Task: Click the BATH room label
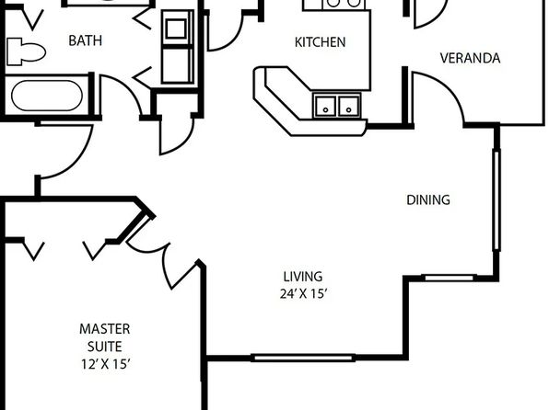[85, 40]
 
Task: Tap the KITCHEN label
[320, 42]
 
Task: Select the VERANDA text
[470, 58]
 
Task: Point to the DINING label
[428, 199]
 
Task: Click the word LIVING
[303, 277]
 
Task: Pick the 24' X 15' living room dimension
[303, 293]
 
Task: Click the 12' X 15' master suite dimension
[106, 364]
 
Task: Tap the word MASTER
[105, 329]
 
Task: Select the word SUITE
[105, 347]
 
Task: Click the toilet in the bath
[26, 51]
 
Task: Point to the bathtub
[47, 96]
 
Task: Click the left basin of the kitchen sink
[325, 107]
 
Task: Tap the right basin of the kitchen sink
[349, 107]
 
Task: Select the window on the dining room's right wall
[496, 199]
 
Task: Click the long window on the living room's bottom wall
[303, 358]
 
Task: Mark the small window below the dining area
[449, 278]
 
